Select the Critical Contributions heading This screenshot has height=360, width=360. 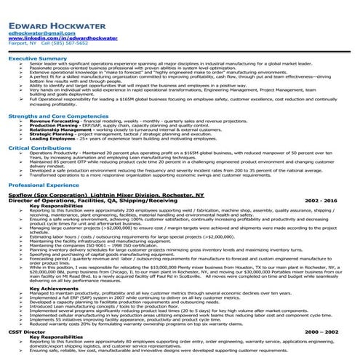(37, 147)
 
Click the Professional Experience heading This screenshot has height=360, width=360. (40, 185)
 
